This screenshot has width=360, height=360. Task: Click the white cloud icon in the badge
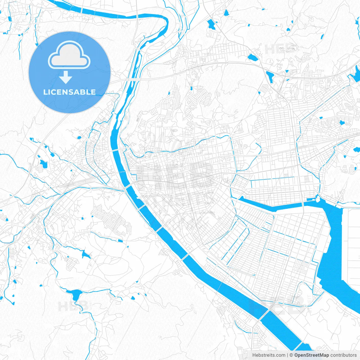point(69,55)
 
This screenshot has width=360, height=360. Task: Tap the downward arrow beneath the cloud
point(66,77)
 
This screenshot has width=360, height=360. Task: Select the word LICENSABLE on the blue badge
point(69,92)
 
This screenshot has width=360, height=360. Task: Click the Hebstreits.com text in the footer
point(269,355)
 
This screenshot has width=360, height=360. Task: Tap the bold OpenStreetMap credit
point(312,355)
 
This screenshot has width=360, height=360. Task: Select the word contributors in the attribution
point(343,355)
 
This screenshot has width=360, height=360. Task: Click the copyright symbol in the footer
point(291,355)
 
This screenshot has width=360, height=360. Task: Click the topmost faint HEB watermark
point(280,49)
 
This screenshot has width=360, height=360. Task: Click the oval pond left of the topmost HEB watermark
point(253,58)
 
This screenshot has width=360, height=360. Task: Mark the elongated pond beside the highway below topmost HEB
point(270,76)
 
